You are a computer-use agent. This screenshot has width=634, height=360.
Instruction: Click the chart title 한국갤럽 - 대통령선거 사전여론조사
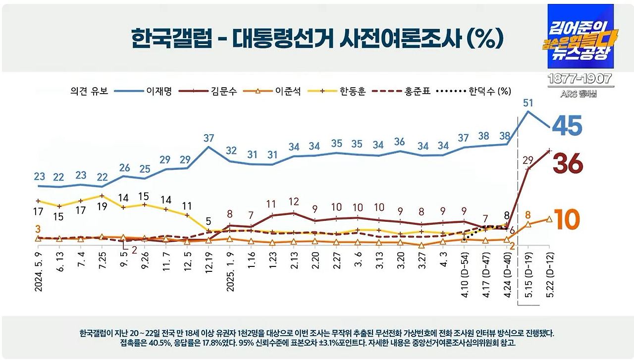click(317, 38)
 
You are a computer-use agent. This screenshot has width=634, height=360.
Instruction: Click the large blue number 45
click(567, 126)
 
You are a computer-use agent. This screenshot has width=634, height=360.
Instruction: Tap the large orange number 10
click(566, 219)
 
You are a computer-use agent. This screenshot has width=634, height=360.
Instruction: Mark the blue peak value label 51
click(528, 103)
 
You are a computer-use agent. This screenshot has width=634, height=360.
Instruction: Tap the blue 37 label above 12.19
click(209, 138)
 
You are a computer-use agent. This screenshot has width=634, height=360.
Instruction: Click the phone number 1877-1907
click(580, 79)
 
